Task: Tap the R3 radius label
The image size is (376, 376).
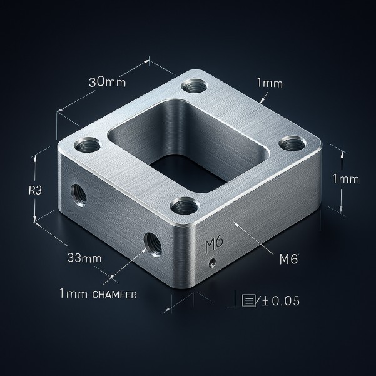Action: tap(35, 191)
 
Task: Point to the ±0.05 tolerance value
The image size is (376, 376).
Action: tap(281, 301)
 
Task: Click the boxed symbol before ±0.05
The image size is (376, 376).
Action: tap(250, 301)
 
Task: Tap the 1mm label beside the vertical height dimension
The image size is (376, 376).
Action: tap(345, 179)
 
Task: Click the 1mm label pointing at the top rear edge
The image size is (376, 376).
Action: tap(269, 83)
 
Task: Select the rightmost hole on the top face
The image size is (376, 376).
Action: tap(292, 143)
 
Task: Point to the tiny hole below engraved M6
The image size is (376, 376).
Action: tap(213, 262)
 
